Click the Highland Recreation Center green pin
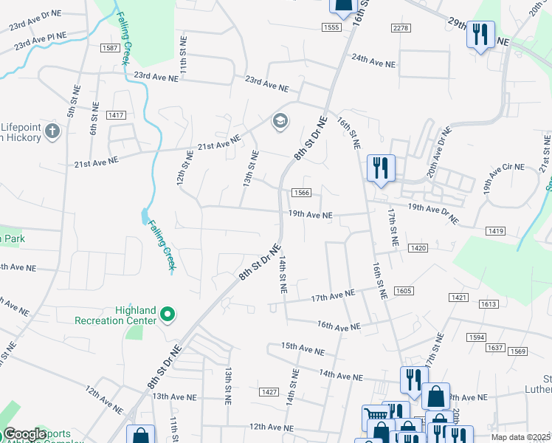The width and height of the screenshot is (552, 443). tap(168, 315)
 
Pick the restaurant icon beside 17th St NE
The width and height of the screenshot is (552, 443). tap(381, 167)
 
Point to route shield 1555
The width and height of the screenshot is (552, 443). tap(331, 27)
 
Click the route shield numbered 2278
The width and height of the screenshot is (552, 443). tap(401, 27)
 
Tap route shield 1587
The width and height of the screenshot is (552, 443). tap(110, 48)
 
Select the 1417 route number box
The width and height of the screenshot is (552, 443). tap(116, 114)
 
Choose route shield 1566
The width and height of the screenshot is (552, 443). tap(301, 193)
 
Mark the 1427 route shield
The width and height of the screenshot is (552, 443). tap(269, 392)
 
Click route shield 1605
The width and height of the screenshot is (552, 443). tap(403, 292)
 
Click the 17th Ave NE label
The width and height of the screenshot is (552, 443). tap(333, 297)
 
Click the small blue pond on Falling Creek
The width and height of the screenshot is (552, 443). tap(143, 217)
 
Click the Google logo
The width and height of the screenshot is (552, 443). tap(24, 434)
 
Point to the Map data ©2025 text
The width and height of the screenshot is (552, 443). tap(521, 437)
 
